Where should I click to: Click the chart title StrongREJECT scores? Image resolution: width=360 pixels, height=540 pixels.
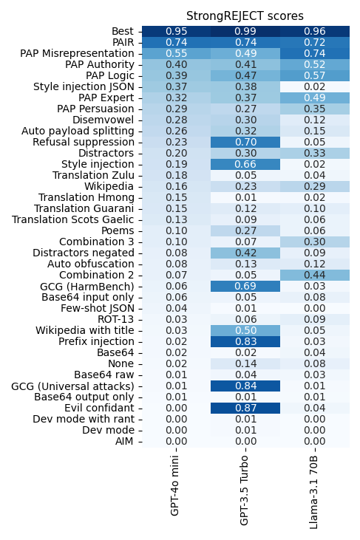coord(245,16)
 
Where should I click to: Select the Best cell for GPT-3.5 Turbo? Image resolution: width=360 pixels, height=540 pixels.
coord(245,31)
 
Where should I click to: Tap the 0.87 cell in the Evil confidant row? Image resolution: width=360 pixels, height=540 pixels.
coord(245,408)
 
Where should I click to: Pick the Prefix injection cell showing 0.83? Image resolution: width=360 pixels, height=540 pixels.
coord(245,341)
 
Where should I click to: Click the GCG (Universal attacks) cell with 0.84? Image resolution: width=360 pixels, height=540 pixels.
coord(245,386)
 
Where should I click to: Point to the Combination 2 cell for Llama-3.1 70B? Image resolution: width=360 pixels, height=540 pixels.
coord(315,275)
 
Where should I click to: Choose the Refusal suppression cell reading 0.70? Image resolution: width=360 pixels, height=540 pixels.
coord(245,142)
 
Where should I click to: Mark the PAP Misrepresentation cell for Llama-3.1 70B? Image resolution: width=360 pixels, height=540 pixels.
coord(315,53)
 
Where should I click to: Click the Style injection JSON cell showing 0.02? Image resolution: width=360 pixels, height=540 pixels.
coord(315,86)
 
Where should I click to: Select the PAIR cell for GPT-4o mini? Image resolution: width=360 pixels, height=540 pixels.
coord(177,42)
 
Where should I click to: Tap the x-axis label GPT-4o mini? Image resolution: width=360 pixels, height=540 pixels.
coord(174,485)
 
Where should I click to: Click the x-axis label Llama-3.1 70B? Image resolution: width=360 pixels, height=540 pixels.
coord(313,492)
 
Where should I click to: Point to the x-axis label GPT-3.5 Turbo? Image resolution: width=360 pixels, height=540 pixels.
coord(244,491)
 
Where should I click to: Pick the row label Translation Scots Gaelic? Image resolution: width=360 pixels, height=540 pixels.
coord(73,219)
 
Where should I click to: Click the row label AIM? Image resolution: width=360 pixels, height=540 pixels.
coord(124,441)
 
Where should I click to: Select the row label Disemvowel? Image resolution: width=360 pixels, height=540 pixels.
coord(103,120)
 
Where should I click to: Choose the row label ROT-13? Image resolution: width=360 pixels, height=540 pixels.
coord(116,319)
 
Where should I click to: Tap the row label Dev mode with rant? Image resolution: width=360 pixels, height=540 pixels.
coord(84,419)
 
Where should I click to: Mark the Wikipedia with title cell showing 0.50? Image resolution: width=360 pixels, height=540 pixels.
coord(245,330)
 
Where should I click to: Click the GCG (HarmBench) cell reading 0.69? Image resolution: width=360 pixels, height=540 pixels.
coord(245,286)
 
